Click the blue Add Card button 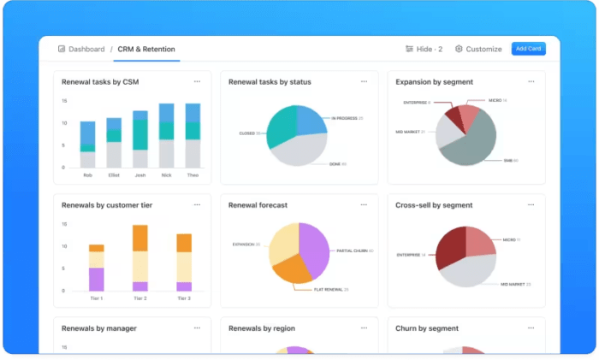(x=528, y=49)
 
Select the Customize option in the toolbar (x=478, y=49)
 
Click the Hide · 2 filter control (x=424, y=49)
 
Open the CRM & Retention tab (x=146, y=49)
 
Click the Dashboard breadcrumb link (x=81, y=49)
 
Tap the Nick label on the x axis (x=167, y=174)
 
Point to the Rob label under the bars (x=87, y=174)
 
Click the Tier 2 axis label (x=140, y=298)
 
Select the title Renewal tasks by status (x=270, y=82)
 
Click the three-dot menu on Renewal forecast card (x=364, y=205)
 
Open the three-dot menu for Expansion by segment (x=531, y=82)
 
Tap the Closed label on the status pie (x=252, y=133)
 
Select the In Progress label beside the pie (x=347, y=118)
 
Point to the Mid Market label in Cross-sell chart (x=513, y=283)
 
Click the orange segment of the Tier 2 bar (x=140, y=238)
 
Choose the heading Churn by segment (x=427, y=328)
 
